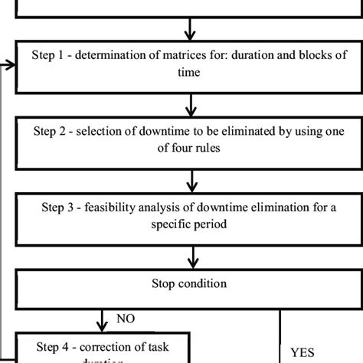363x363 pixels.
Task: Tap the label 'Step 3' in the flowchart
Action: tap(59, 206)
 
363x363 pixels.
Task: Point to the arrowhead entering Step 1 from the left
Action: tap(10, 65)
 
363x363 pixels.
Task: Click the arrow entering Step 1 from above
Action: tap(188, 31)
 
